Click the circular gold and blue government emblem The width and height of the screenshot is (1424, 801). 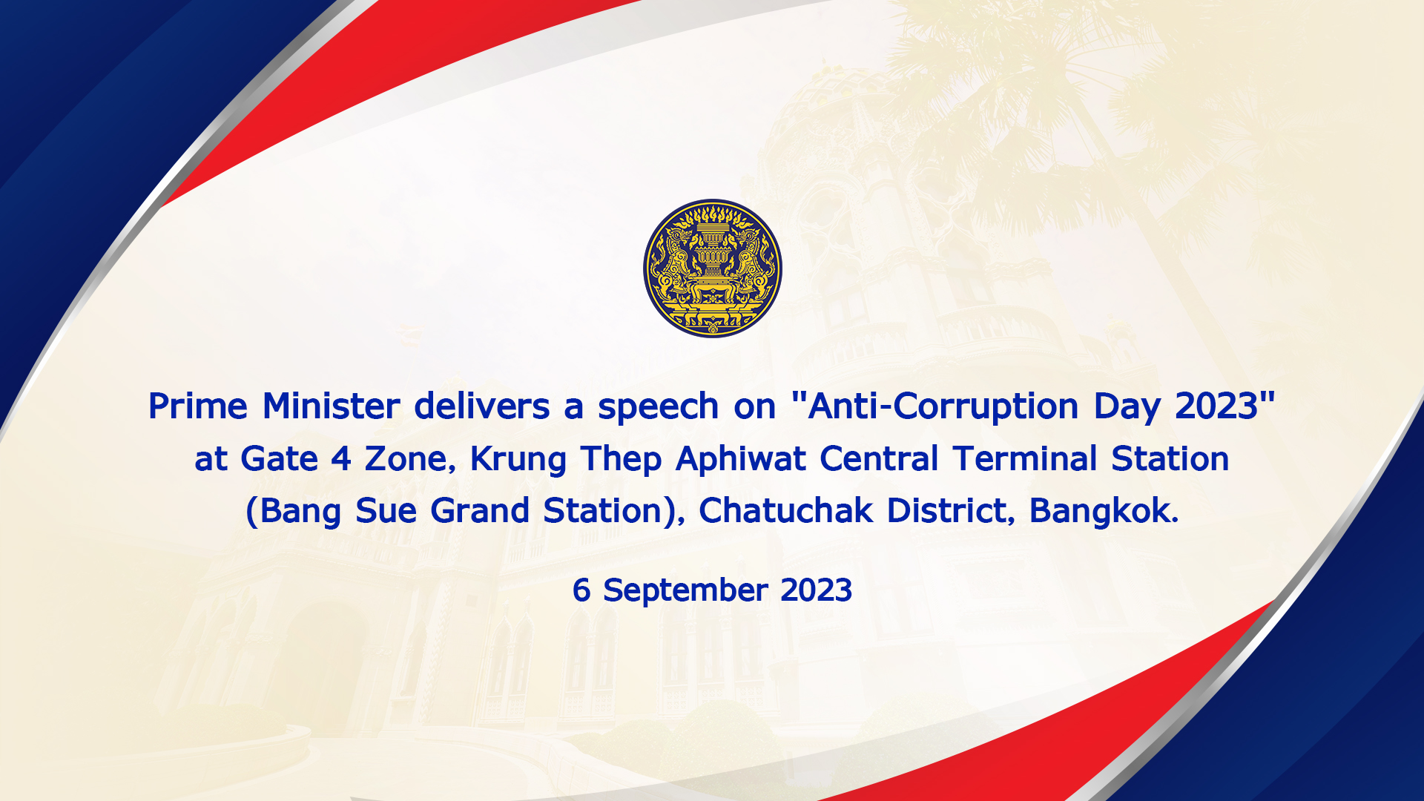712,268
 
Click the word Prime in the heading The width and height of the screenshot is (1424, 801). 198,406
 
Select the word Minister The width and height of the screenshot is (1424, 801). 332,406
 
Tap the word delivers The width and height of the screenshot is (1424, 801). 482,406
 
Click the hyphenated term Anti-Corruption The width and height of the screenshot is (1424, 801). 943,407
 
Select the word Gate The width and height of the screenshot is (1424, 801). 279,459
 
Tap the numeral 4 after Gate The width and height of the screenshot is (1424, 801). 341,459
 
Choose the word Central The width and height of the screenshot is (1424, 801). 880,458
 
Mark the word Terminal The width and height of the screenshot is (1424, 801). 1025,458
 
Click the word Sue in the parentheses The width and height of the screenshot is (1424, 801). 386,511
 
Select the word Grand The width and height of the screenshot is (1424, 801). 480,510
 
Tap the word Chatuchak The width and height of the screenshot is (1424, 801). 786,510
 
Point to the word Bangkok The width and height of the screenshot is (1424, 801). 1104,510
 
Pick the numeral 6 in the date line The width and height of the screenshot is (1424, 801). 581,590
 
